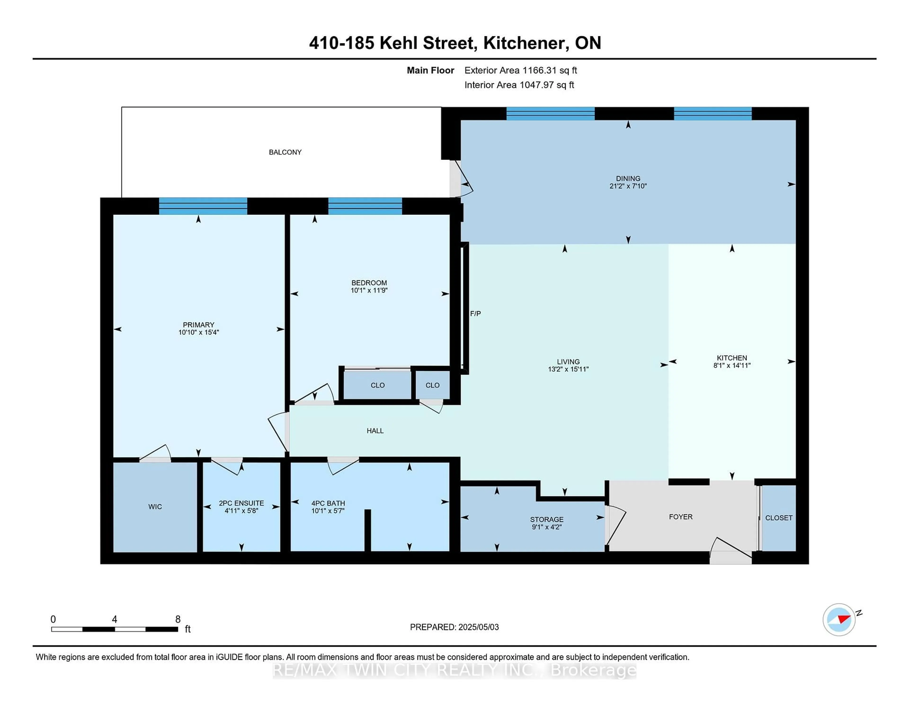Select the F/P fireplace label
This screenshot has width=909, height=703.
(x=475, y=314)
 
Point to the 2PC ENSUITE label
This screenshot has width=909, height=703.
(x=241, y=503)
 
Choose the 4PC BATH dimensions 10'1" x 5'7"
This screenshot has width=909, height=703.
(x=328, y=511)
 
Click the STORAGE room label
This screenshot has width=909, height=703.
(x=547, y=519)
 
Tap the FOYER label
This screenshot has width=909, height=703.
(x=681, y=517)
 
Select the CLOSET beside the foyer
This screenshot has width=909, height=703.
(x=778, y=518)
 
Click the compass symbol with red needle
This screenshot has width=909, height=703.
(x=839, y=619)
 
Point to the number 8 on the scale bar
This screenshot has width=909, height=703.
(x=178, y=619)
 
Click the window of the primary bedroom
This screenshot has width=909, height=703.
(x=203, y=206)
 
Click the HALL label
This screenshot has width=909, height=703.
(x=375, y=431)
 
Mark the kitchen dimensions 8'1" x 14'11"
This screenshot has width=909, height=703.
(x=732, y=365)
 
